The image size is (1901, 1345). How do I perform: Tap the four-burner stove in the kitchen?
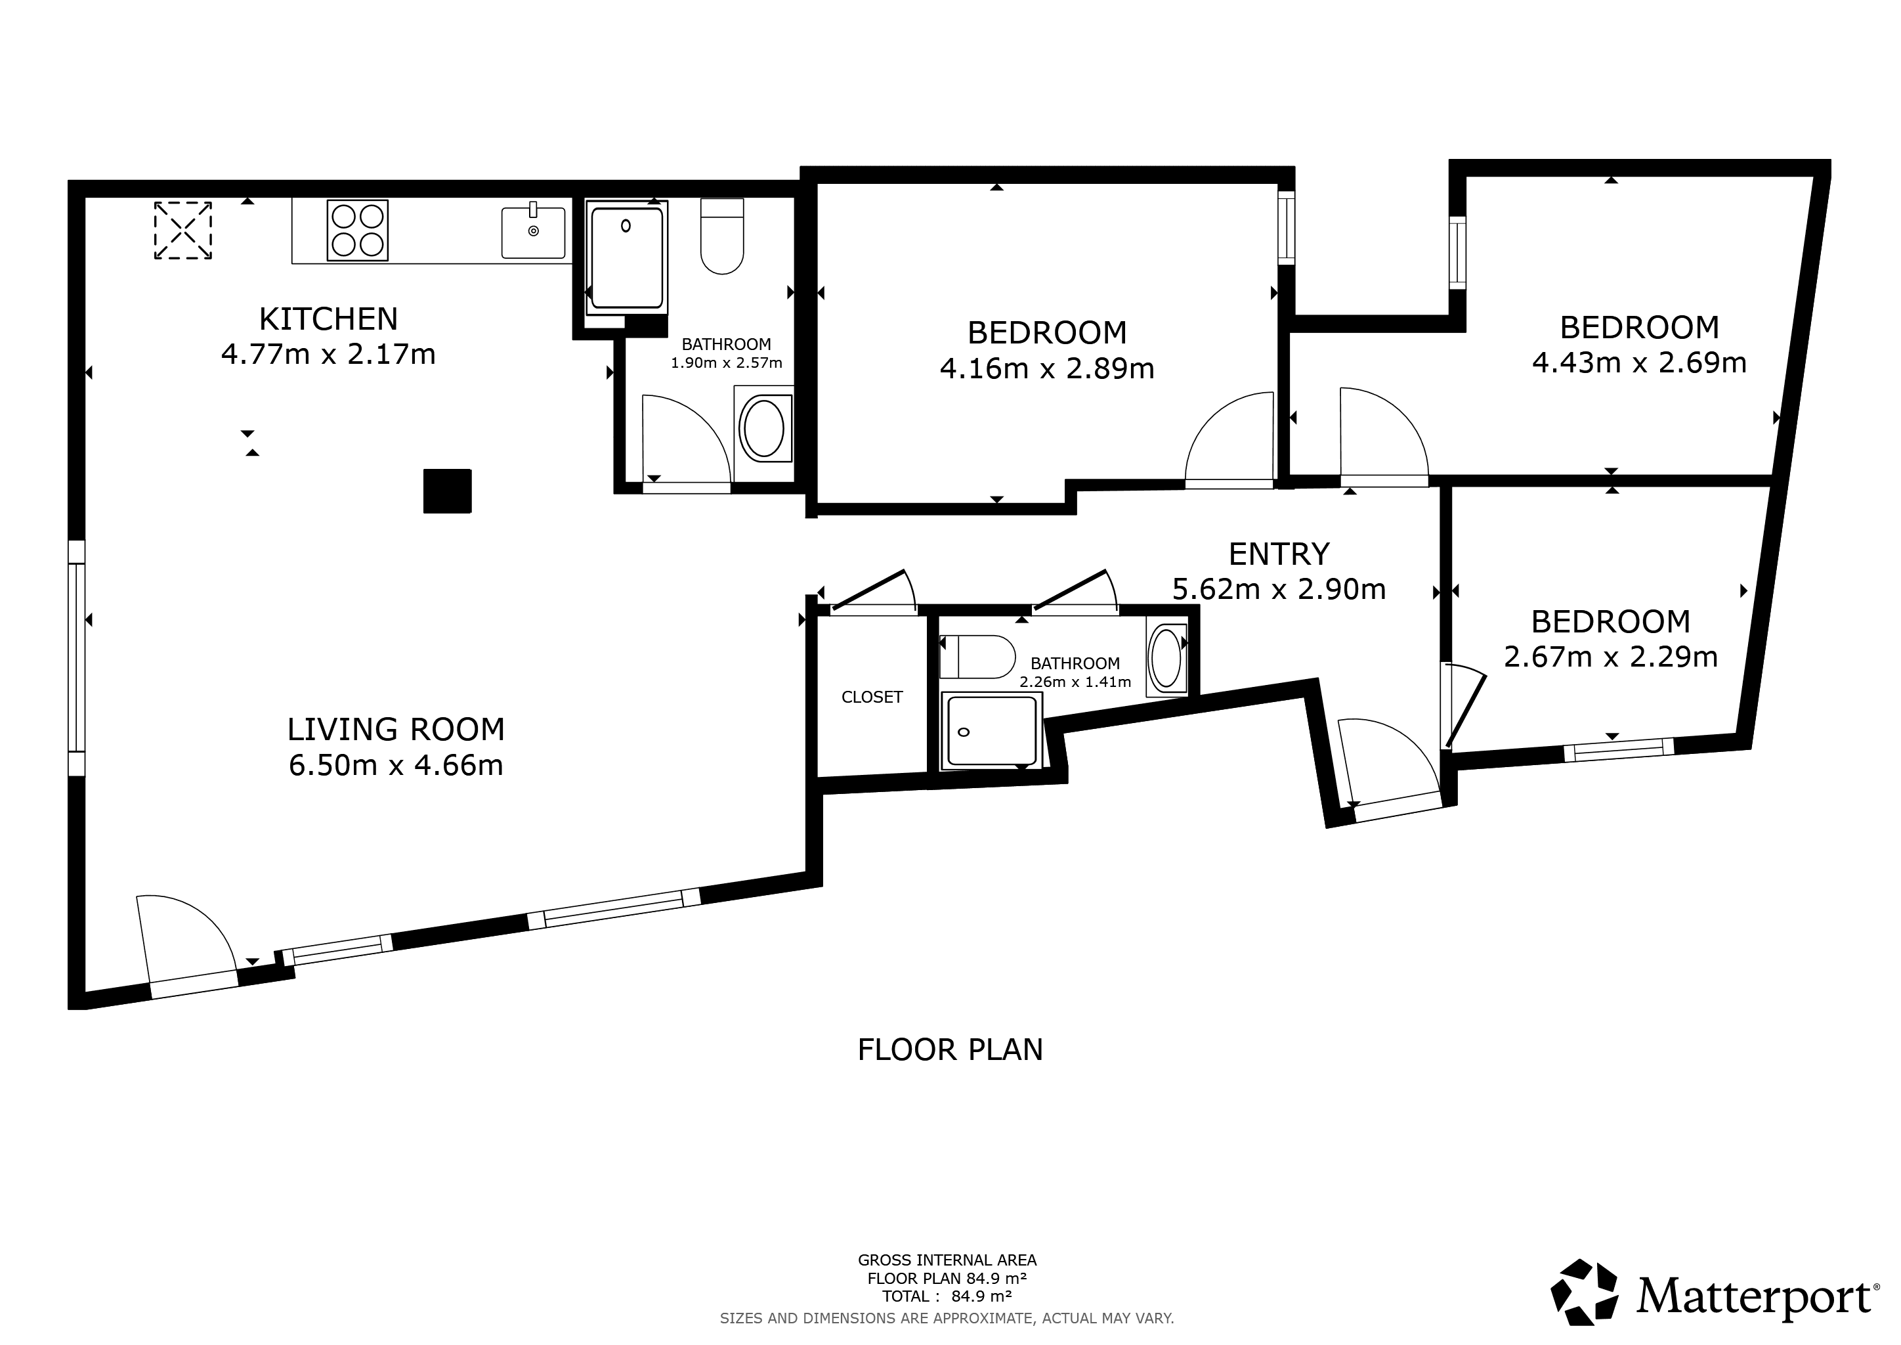358,231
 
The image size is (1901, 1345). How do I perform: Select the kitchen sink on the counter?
533,232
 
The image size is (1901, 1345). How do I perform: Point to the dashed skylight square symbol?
183,231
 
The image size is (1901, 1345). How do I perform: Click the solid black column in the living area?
447,491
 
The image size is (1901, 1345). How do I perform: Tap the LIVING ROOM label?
396,730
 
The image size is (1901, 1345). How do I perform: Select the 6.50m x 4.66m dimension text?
396,765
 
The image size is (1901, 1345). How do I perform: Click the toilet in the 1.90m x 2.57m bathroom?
722,236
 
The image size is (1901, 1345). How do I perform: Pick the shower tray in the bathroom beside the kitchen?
627,257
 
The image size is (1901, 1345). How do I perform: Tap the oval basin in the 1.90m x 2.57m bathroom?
763,428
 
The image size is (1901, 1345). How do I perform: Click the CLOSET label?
872,697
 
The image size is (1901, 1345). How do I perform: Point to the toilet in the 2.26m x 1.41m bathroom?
977,657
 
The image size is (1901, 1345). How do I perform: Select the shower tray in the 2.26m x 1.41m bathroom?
991,730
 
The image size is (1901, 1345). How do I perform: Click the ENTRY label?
1279,553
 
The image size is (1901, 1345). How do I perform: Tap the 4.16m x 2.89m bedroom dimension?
1048,368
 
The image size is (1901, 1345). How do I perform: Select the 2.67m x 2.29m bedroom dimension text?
1612,657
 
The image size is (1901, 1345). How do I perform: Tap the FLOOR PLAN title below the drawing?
950,1050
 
